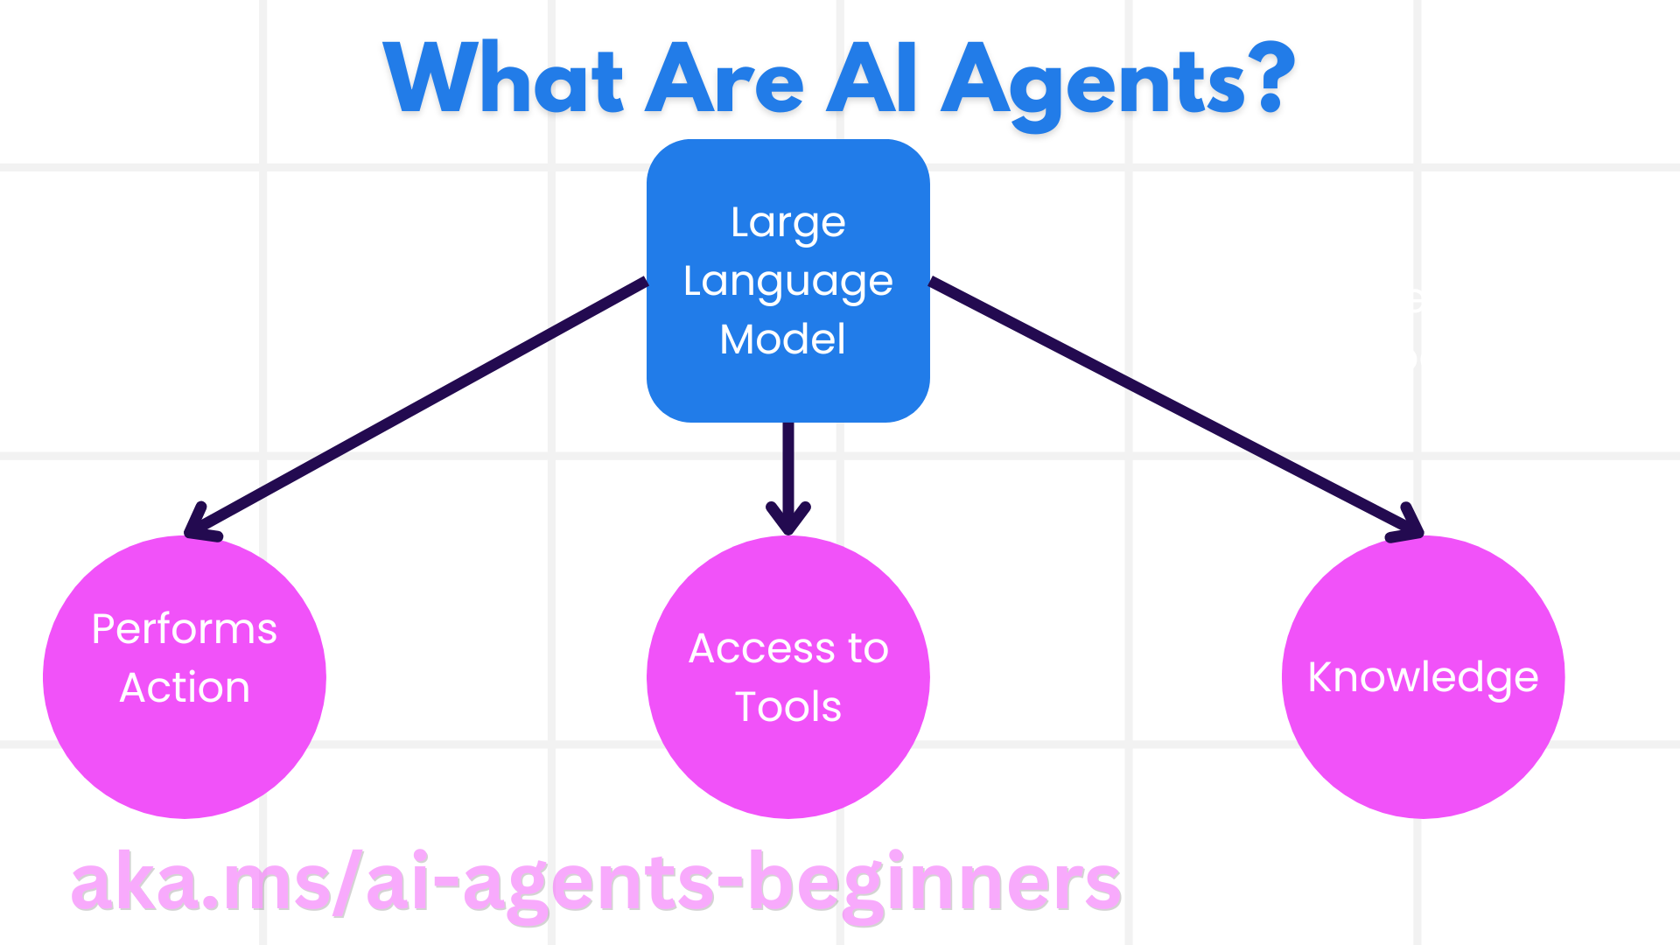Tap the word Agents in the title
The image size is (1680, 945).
coord(1093,83)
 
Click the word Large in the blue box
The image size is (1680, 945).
coord(787,223)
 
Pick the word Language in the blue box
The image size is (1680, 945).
coord(787,282)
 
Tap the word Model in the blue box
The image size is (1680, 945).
coord(782,339)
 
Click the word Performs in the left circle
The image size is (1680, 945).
coord(185,629)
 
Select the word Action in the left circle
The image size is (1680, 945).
coord(185,688)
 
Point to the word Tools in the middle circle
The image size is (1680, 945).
coord(787,707)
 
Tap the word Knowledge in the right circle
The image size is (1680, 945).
coord(1423,678)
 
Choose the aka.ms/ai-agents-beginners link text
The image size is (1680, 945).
coord(595,884)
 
